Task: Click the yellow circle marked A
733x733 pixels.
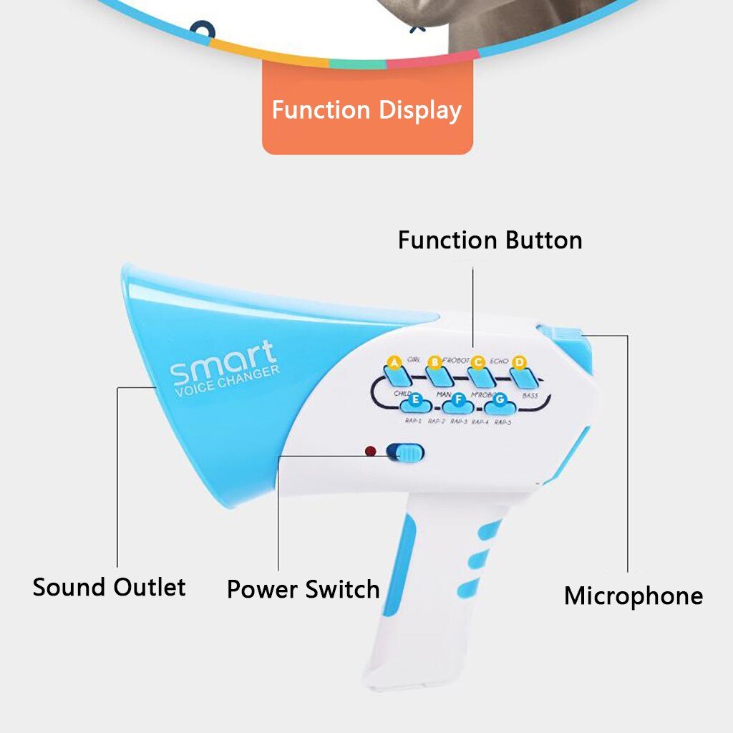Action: tap(392, 362)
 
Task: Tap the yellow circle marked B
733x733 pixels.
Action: tap(435, 362)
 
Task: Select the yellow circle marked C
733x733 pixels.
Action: tap(478, 362)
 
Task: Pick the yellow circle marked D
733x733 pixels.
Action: tap(520, 362)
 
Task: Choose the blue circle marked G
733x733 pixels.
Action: tap(500, 399)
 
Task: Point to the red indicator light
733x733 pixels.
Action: tap(370, 452)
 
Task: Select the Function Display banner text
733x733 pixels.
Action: tap(366, 110)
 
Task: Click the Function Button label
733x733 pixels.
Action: tap(490, 240)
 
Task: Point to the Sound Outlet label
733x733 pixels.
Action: tap(109, 587)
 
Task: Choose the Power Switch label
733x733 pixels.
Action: tap(303, 589)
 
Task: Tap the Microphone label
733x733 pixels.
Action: tap(633, 596)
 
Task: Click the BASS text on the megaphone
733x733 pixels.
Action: tap(530, 395)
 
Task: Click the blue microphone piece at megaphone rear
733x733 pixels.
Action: tap(564, 334)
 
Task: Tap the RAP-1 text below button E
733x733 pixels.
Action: tap(413, 422)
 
